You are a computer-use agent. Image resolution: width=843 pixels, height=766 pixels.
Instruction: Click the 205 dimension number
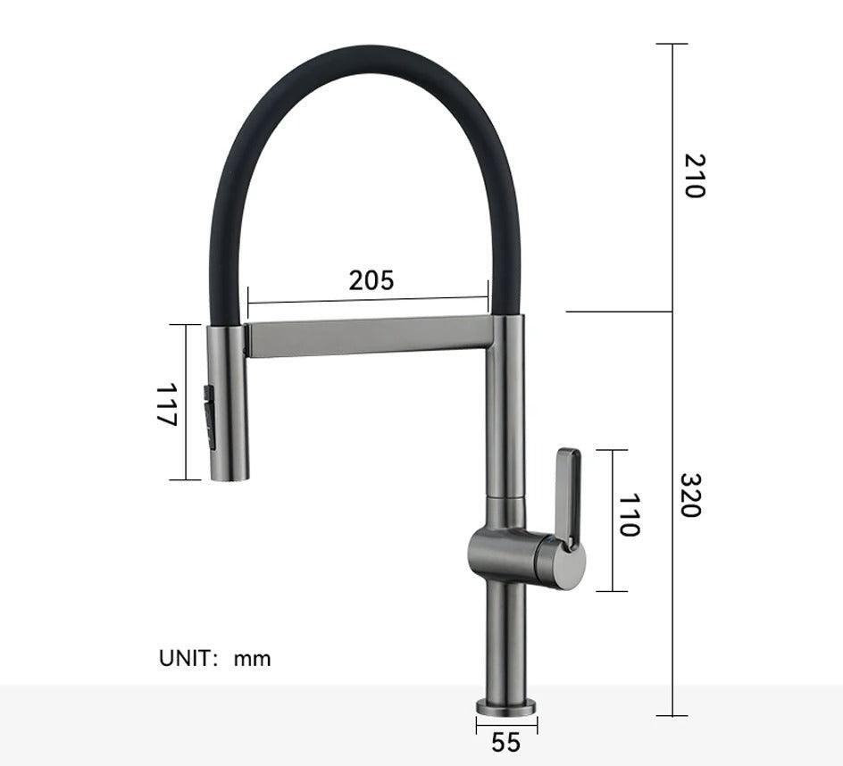point(371,279)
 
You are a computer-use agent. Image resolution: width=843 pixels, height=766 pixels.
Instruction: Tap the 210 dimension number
point(694,175)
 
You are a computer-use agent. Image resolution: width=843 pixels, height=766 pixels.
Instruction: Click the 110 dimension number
point(630,515)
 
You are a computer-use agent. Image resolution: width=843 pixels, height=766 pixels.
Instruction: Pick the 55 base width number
point(505,742)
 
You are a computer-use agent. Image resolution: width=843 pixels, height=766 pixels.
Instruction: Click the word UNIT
point(188,659)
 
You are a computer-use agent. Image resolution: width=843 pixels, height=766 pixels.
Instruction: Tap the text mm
point(252,660)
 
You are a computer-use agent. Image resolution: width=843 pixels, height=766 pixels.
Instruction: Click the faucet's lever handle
point(567,495)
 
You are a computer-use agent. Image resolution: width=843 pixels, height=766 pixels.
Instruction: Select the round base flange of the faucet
point(506,706)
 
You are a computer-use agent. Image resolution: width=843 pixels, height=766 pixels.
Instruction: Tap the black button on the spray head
point(211,416)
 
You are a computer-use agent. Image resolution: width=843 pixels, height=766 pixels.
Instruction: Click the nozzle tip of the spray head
point(228,475)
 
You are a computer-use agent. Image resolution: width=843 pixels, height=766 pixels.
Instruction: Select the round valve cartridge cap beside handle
point(562,563)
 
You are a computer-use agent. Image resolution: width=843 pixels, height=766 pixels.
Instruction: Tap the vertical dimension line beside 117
point(186,402)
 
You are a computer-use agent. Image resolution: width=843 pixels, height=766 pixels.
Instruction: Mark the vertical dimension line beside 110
point(612,520)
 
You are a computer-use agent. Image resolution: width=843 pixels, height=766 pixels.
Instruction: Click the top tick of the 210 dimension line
point(672,44)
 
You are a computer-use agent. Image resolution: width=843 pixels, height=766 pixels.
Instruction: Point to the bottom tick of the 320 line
point(672,715)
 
